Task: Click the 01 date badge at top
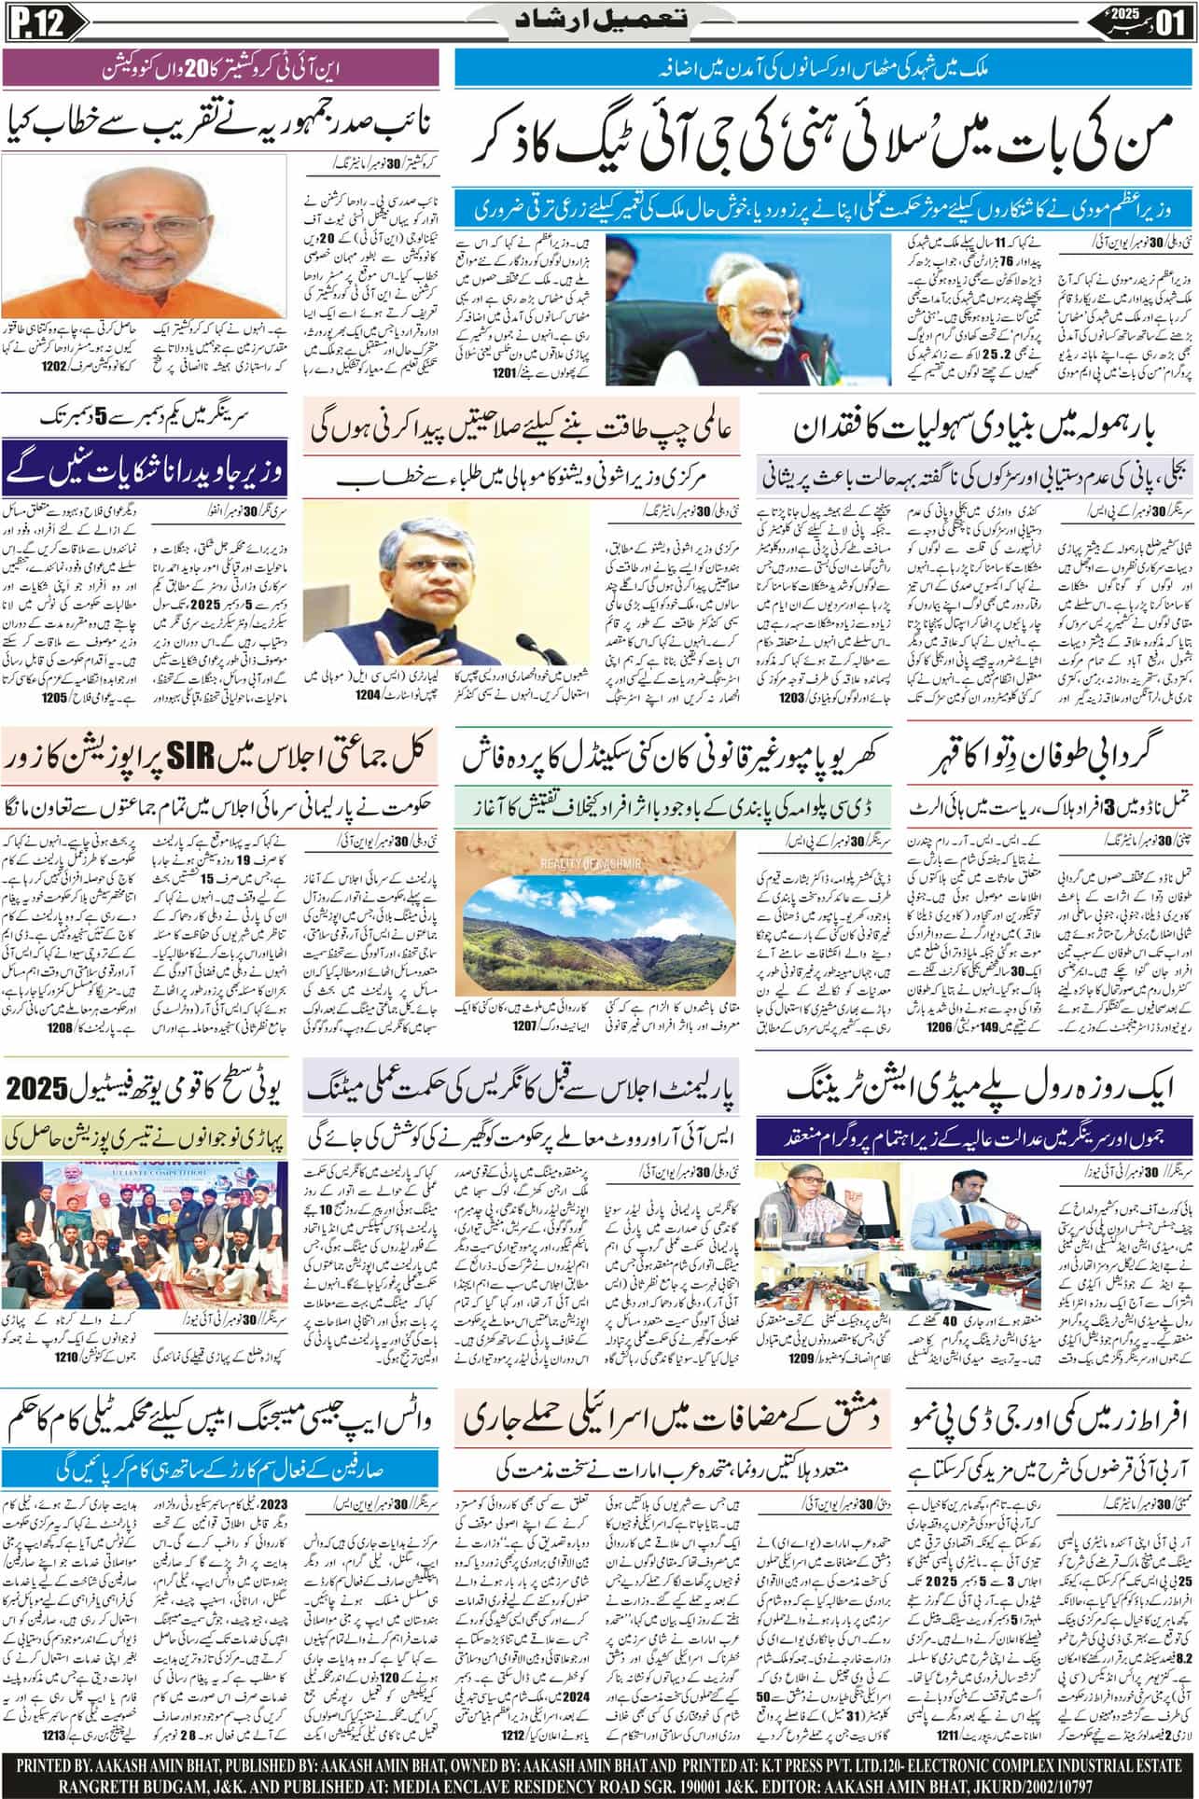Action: (1170, 19)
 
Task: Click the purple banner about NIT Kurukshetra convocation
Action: (219, 68)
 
